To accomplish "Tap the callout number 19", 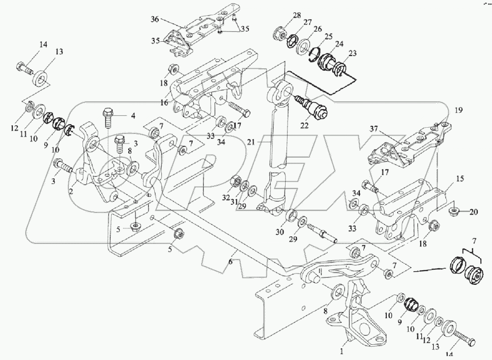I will tap(458, 110).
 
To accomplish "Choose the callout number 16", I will tap(164, 103).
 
